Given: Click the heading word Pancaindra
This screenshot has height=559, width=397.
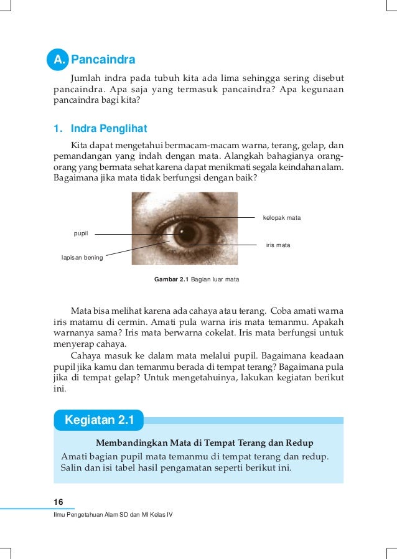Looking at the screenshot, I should coord(103,60).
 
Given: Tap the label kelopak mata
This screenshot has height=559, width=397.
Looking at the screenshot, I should coord(282,218).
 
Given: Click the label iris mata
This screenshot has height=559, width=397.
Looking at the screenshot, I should coord(278,245).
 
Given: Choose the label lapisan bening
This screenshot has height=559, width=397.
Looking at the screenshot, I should coord(82,256).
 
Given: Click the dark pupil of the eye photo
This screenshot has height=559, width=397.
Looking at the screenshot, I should coord(185,235).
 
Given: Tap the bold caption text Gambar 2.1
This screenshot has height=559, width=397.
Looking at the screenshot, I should coord(171,279).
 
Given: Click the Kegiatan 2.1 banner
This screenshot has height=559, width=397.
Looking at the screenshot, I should coord(99,420).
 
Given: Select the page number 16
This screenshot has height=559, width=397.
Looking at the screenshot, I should coord(58,502).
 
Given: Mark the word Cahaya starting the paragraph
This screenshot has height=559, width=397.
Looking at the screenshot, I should coord(86,355).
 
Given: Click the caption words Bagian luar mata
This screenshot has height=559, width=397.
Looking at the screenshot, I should coord(215,279).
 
